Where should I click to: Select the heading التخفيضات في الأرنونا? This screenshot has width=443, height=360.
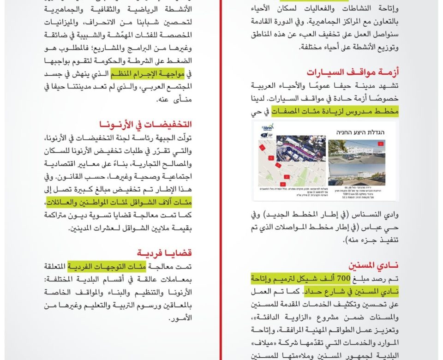(x=145, y=124)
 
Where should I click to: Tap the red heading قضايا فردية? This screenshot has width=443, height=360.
(x=164, y=253)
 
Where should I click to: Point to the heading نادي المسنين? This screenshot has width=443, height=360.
(x=373, y=265)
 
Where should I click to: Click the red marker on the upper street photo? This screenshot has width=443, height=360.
(x=380, y=144)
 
